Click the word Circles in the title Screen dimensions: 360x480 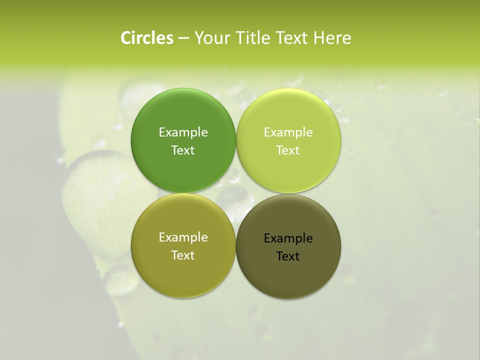[146, 38]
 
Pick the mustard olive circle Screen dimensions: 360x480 [183, 270]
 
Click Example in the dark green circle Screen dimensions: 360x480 [183, 132]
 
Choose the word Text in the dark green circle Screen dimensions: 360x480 [183, 150]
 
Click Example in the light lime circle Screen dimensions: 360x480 [288, 132]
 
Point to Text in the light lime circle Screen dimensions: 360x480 [288, 150]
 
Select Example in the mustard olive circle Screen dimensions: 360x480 [183, 237]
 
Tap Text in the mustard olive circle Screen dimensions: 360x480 [183, 255]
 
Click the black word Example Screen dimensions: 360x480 [288, 238]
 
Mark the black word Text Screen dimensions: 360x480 [288, 256]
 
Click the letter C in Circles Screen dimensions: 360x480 [126, 38]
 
